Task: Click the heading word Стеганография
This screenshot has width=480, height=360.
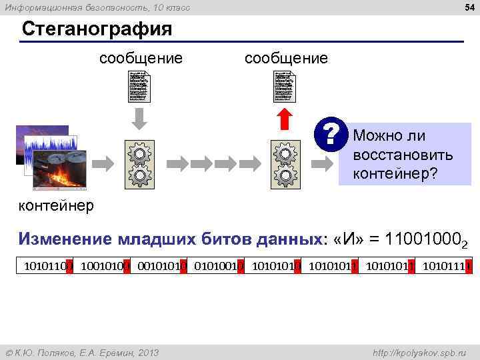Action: click(97, 29)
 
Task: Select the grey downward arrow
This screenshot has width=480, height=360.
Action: click(139, 119)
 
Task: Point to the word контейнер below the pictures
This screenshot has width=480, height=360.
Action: click(56, 205)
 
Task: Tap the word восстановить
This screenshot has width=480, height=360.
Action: click(403, 156)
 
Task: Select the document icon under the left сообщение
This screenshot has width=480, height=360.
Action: click(139, 86)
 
